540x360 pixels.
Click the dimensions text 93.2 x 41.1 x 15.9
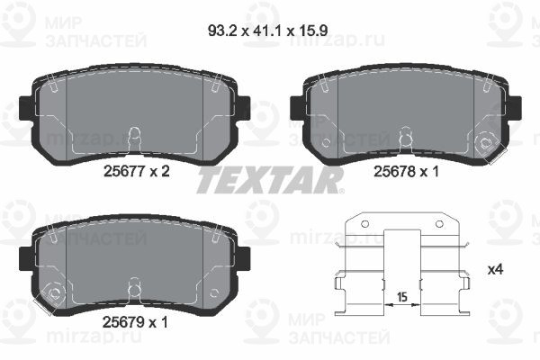pos(267,31)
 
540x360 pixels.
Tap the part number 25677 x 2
pos(137,171)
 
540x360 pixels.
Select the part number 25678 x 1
pos(407,171)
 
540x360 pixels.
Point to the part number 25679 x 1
pos(135,322)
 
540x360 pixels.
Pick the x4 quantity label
pos(496,269)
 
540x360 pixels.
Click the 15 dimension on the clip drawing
pos(402,297)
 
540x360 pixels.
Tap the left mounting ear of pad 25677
pos(25,108)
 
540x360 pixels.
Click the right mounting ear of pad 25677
pos(244,108)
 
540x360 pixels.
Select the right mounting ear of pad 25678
pos(515,108)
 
